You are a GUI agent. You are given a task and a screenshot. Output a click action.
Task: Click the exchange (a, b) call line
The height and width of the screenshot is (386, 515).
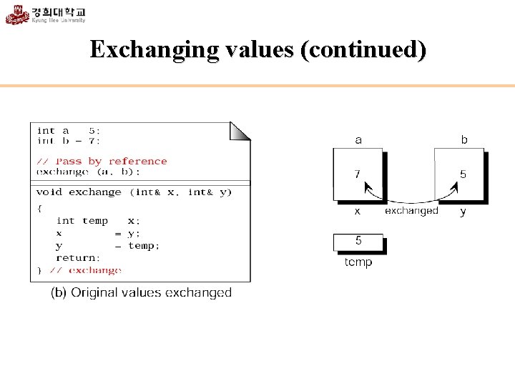[88, 172]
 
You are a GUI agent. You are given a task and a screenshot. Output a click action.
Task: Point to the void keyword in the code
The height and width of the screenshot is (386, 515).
[49, 192]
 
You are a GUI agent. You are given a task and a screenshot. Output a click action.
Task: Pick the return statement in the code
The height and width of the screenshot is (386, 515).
[78, 257]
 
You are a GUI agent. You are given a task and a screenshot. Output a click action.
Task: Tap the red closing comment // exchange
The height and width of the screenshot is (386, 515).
[85, 270]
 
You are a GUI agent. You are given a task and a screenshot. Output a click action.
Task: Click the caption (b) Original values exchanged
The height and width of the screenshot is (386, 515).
[141, 292]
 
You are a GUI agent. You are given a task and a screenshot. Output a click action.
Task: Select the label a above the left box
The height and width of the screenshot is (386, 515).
[358, 140]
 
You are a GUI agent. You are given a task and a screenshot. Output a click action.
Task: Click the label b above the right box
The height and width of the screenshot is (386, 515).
[464, 140]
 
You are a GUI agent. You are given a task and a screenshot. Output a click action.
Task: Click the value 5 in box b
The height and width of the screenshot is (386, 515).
[463, 174]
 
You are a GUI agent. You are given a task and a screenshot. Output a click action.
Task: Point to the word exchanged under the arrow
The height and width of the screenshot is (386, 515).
[411, 211]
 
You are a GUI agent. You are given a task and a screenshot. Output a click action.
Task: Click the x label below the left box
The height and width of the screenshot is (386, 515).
[358, 212]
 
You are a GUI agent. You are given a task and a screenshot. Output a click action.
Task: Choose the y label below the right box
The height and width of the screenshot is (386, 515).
[463, 212]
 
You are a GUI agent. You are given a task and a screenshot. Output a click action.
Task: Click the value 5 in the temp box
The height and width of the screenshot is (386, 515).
[358, 241]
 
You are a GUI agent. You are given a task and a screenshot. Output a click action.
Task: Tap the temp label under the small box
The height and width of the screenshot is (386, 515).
[358, 262]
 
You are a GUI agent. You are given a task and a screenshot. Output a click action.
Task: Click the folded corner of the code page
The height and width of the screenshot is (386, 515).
[240, 130]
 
